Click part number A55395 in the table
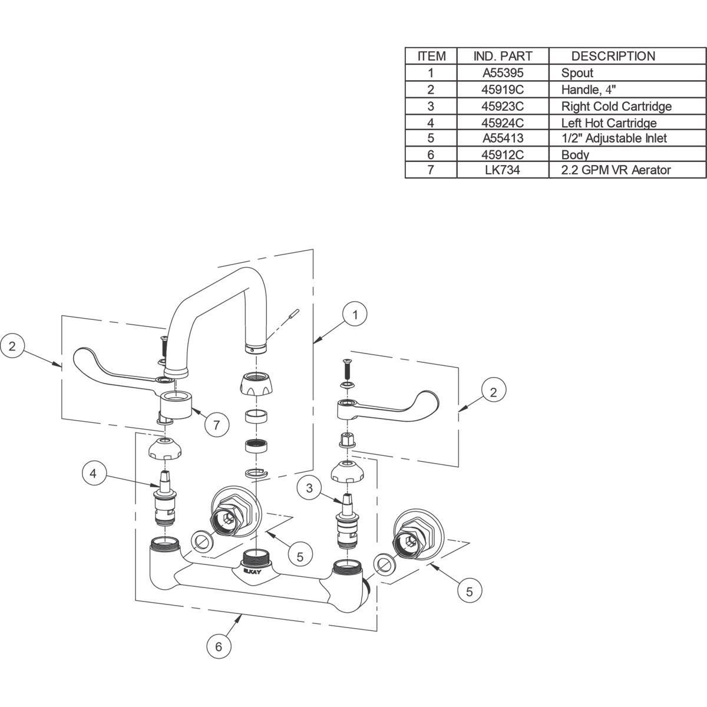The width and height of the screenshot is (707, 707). click(503, 73)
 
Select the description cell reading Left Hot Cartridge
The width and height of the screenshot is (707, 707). click(609, 123)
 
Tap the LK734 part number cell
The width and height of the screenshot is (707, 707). click(503, 170)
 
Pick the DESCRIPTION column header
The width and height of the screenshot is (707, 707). click(613, 56)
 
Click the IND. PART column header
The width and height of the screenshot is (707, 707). click(503, 56)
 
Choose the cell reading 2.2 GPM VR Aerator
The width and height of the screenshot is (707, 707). click(616, 170)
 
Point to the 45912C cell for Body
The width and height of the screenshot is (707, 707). click(503, 155)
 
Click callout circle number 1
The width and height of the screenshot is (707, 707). click(355, 315)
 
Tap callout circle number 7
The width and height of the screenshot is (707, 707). click(216, 425)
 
